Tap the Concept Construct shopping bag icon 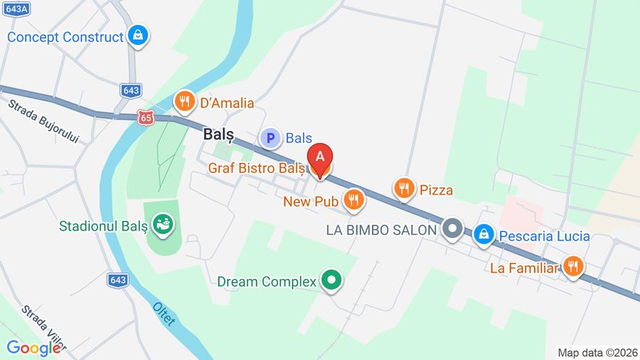pyautogui.click(x=138, y=35)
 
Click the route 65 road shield pyautogui.click(x=146, y=118)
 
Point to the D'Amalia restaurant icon pyautogui.click(x=185, y=102)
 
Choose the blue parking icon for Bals pyautogui.click(x=270, y=138)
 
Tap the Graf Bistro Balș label pyautogui.click(x=256, y=169)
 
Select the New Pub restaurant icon pyautogui.click(x=353, y=201)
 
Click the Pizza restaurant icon pyautogui.click(x=404, y=189)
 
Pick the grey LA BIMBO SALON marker pyautogui.click(x=452, y=229)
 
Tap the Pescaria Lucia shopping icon pyautogui.click(x=484, y=234)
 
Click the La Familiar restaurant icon pyautogui.click(x=572, y=268)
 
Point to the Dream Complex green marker pyautogui.click(x=330, y=280)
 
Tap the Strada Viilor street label pyautogui.click(x=43, y=327)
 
